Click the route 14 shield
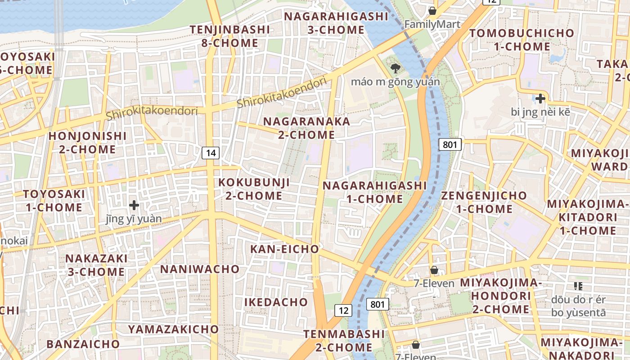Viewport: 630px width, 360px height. pyautogui.click(x=210, y=153)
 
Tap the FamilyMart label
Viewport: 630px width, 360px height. pyautogui.click(x=432, y=24)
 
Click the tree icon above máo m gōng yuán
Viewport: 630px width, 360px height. pyautogui.click(x=396, y=69)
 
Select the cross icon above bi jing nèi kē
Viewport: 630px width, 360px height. pyautogui.click(x=540, y=98)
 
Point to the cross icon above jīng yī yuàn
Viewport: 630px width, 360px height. pyautogui.click(x=134, y=205)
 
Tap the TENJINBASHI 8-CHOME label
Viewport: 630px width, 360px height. pyautogui.click(x=230, y=36)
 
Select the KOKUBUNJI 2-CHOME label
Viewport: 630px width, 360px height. pyautogui.click(x=254, y=189)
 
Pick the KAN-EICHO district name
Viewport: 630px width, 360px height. pyautogui.click(x=284, y=249)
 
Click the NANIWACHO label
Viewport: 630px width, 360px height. pyautogui.click(x=200, y=269)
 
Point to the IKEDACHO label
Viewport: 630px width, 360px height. pyautogui.click(x=276, y=302)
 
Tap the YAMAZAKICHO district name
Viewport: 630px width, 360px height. pyautogui.click(x=173, y=329)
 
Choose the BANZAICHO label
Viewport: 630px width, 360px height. pyautogui.click(x=83, y=344)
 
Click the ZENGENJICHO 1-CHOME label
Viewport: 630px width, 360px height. pyautogui.click(x=484, y=202)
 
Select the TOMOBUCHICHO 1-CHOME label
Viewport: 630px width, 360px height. pyautogui.click(x=522, y=40)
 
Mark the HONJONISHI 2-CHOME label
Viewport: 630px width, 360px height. pyautogui.click(x=88, y=142)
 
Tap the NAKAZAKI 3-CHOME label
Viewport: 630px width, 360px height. pyautogui.click(x=96, y=265)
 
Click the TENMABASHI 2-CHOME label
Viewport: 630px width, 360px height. pyautogui.click(x=344, y=341)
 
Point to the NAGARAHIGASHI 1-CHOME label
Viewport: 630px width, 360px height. pyautogui.click(x=374, y=192)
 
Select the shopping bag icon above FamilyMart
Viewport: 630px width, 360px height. pyautogui.click(x=432, y=10)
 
